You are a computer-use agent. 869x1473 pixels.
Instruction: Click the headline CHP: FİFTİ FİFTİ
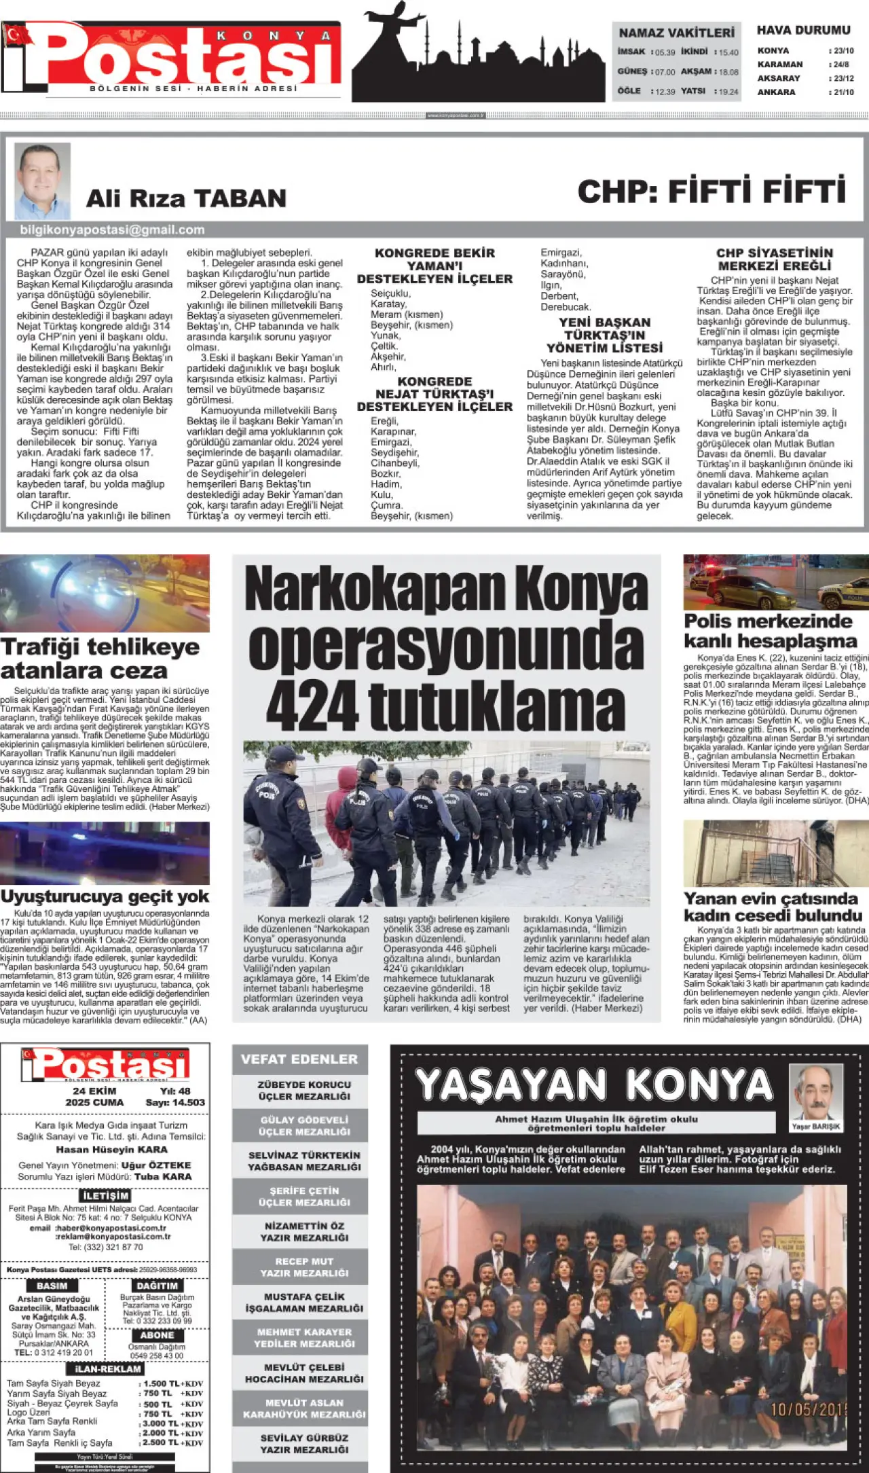(x=711, y=192)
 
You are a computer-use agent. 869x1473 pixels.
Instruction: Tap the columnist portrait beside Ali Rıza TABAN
(x=42, y=180)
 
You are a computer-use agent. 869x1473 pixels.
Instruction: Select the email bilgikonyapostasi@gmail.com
(x=112, y=230)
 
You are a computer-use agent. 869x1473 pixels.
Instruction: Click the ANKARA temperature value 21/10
(x=843, y=92)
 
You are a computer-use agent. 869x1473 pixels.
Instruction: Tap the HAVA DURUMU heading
(x=803, y=31)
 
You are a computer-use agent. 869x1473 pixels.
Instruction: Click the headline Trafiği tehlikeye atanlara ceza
(x=100, y=658)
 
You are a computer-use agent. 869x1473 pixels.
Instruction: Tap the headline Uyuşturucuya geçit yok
(x=105, y=896)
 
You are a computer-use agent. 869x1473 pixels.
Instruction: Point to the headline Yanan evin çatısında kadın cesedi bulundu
(x=772, y=907)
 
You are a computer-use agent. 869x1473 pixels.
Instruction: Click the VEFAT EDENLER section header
(x=299, y=1059)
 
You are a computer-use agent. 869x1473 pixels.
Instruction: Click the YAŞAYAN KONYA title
(x=594, y=1085)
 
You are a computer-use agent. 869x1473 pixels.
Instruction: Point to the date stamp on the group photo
(x=808, y=1410)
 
